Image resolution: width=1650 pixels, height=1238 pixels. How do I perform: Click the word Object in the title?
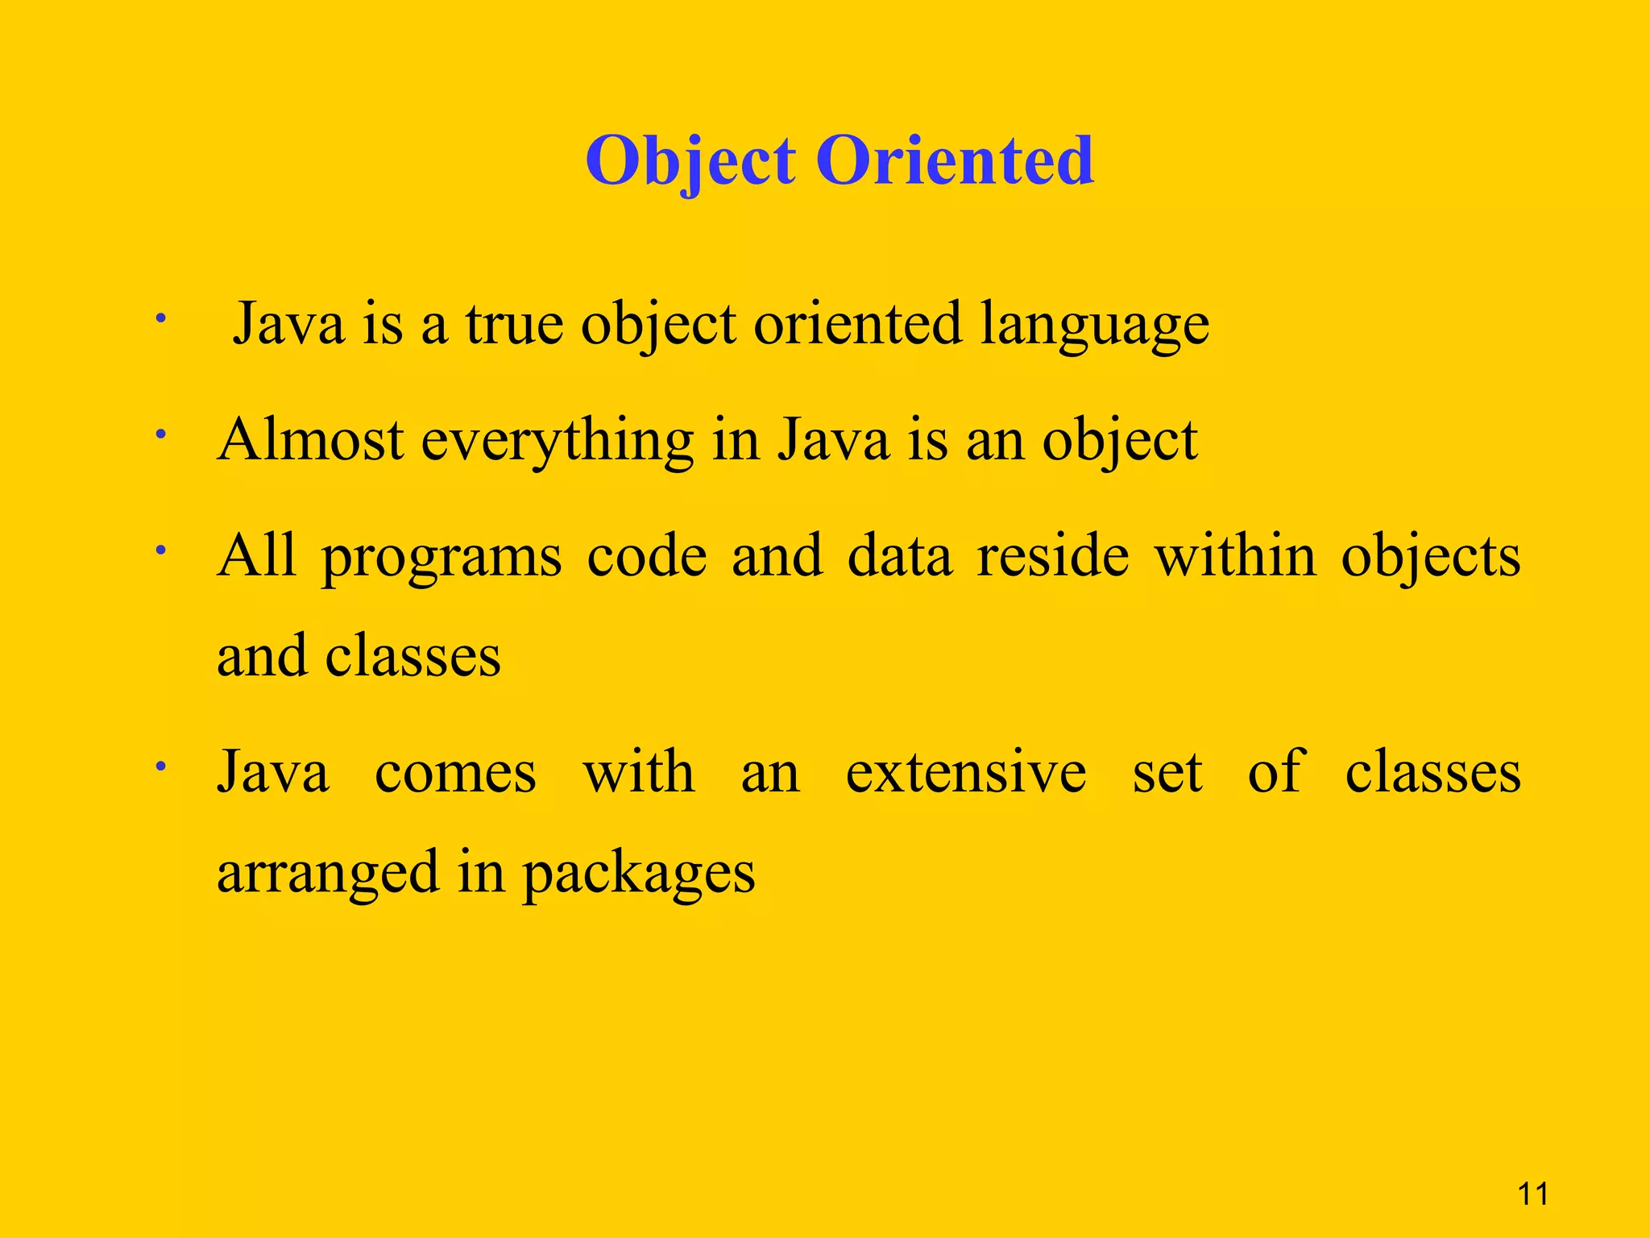click(x=690, y=161)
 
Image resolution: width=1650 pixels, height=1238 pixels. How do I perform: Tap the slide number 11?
click(x=1532, y=1194)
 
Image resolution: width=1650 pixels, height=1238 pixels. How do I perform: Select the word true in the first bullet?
click(x=513, y=324)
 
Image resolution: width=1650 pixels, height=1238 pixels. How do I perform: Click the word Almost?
click(x=310, y=440)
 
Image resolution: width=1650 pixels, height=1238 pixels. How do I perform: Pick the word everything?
click(x=557, y=442)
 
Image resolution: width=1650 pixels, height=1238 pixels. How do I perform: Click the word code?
click(x=646, y=556)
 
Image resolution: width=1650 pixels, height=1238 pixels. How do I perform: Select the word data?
click(x=899, y=556)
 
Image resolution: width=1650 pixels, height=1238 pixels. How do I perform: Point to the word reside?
click(x=1052, y=556)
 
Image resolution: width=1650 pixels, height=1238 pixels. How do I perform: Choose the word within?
click(x=1235, y=556)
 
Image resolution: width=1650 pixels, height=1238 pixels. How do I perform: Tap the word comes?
click(x=455, y=773)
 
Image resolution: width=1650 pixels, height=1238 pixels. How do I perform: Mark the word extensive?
click(x=965, y=771)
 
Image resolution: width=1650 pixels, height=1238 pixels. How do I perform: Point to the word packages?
click(x=638, y=874)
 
